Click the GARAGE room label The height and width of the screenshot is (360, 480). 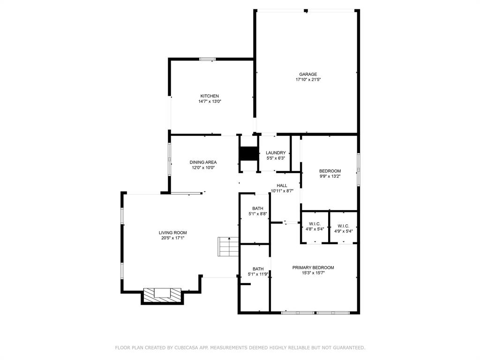(308, 74)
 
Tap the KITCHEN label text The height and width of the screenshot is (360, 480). (210, 96)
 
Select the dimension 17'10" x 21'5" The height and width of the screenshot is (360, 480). (308, 80)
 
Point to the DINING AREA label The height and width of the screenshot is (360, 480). (203, 162)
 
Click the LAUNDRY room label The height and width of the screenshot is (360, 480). (276, 153)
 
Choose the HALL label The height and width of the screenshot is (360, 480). (282, 186)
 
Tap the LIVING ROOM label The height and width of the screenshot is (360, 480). (172, 232)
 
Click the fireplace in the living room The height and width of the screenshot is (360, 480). (162, 295)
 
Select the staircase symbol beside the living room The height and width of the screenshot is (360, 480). (228, 247)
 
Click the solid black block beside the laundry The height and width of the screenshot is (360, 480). (249, 154)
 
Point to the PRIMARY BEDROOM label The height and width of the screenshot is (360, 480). (313, 268)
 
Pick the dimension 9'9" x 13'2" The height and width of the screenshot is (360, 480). (330, 176)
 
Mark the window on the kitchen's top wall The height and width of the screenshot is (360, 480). (208, 59)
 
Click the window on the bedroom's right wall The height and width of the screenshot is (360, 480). (359, 170)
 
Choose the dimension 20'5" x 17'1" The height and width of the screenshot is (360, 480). (172, 238)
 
